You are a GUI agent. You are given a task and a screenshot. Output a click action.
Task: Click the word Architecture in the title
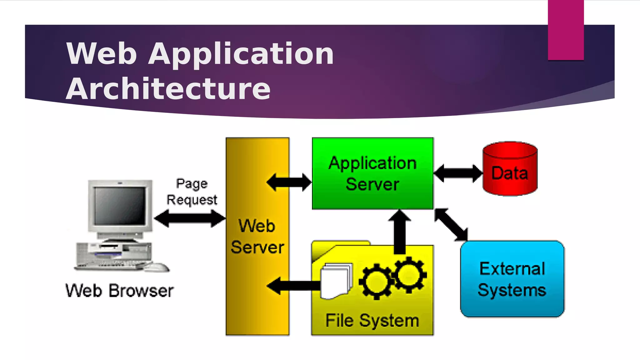tap(168, 89)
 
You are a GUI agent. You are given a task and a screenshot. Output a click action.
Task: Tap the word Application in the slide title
tap(241, 54)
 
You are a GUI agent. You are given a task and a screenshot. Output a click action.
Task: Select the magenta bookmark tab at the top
tap(566, 30)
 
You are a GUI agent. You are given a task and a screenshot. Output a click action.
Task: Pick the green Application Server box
tap(372, 173)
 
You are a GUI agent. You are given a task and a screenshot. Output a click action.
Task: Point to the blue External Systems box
tap(512, 279)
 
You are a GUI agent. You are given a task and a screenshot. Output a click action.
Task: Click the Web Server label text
tap(257, 237)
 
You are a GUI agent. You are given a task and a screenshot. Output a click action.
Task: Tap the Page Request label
tap(192, 192)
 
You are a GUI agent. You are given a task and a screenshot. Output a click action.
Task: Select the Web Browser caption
tap(119, 291)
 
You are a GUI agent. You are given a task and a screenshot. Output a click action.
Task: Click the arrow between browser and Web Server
tap(190, 218)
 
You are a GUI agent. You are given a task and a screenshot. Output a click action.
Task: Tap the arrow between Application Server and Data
tap(458, 173)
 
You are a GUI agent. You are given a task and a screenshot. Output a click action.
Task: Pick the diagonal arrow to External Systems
tap(451, 224)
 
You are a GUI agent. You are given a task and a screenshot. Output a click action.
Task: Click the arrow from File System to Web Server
tap(294, 286)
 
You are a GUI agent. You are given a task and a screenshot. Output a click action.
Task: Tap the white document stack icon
tap(336, 281)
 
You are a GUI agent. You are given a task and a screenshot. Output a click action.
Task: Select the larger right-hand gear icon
tap(409, 275)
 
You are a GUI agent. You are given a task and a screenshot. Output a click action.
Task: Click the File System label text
tap(372, 321)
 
